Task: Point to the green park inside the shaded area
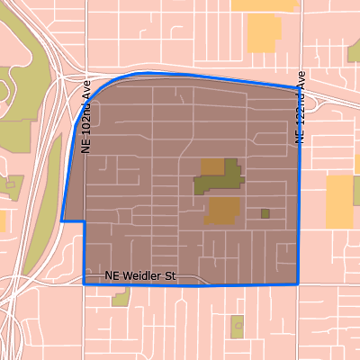pos(218,178)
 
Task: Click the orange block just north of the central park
pos(211,166)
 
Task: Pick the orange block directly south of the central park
pos(222,211)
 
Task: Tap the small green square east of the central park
pos(265,213)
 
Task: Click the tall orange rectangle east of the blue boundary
pos(339,200)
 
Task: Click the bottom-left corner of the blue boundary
pos(85,283)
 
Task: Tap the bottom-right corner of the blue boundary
pos(298,283)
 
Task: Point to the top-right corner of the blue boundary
pos(298,88)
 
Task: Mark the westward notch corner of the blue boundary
pos(61,221)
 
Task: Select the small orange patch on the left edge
pos(3,220)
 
